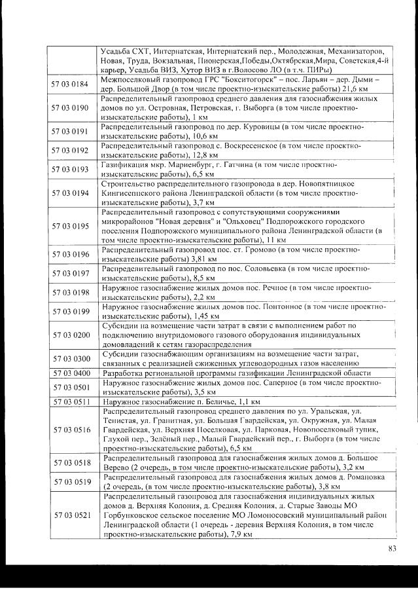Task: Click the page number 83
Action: [392, 548]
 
